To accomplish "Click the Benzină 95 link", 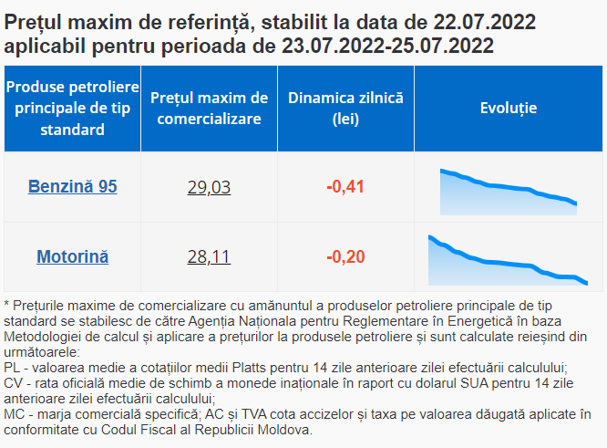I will coord(72,187).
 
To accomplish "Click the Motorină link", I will coord(72,256).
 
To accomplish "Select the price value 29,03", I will coord(209,188).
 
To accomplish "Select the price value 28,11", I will coord(209,257).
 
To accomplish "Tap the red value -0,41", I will coord(345,187).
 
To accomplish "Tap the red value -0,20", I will coord(345,256).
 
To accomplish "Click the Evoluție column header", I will coord(508,109).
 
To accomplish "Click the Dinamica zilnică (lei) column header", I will coord(345,109).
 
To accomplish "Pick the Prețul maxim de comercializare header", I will coord(209,109).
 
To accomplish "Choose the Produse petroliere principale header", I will coord(72,109).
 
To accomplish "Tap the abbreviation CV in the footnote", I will coord(13,383).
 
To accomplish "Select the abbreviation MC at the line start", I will coord(14,414).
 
